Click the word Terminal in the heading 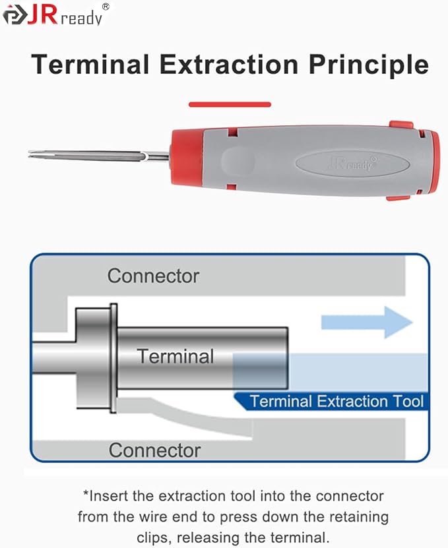click(90, 65)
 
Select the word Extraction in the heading click(229, 65)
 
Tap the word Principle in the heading click(369, 66)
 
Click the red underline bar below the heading click(230, 104)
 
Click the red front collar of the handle click(188, 156)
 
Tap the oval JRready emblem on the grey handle click(352, 164)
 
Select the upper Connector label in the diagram click(153, 276)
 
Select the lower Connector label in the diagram click(154, 450)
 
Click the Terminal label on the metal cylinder click(176, 357)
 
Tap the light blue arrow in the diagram click(367, 322)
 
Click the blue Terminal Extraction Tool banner click(331, 401)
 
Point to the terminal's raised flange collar click(113, 358)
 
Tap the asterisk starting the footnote click(86, 493)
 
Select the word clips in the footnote click(154, 538)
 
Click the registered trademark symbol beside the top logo click(106, 7)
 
